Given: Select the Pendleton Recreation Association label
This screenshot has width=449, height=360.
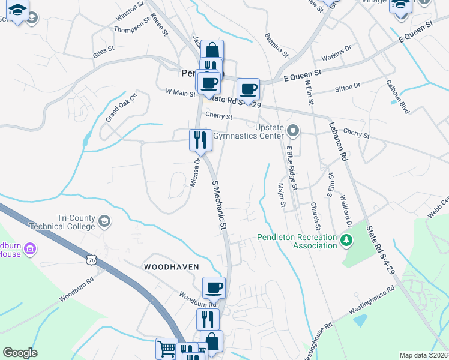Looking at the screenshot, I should [x=297, y=241].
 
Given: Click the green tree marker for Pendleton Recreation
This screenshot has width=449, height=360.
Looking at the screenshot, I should [x=346, y=241].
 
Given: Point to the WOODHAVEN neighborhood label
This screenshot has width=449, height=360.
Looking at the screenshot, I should [x=170, y=266].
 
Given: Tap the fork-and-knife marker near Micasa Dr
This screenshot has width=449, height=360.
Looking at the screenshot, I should [x=200, y=140].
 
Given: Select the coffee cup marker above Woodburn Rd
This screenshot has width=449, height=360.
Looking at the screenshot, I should [x=214, y=288].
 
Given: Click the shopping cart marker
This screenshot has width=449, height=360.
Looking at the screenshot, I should [x=167, y=348].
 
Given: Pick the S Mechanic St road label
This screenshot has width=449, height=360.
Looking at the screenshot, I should [x=218, y=204].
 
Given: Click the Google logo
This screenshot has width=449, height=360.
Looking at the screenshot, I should [x=20, y=353].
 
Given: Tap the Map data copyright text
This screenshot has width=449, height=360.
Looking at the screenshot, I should [x=424, y=355].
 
